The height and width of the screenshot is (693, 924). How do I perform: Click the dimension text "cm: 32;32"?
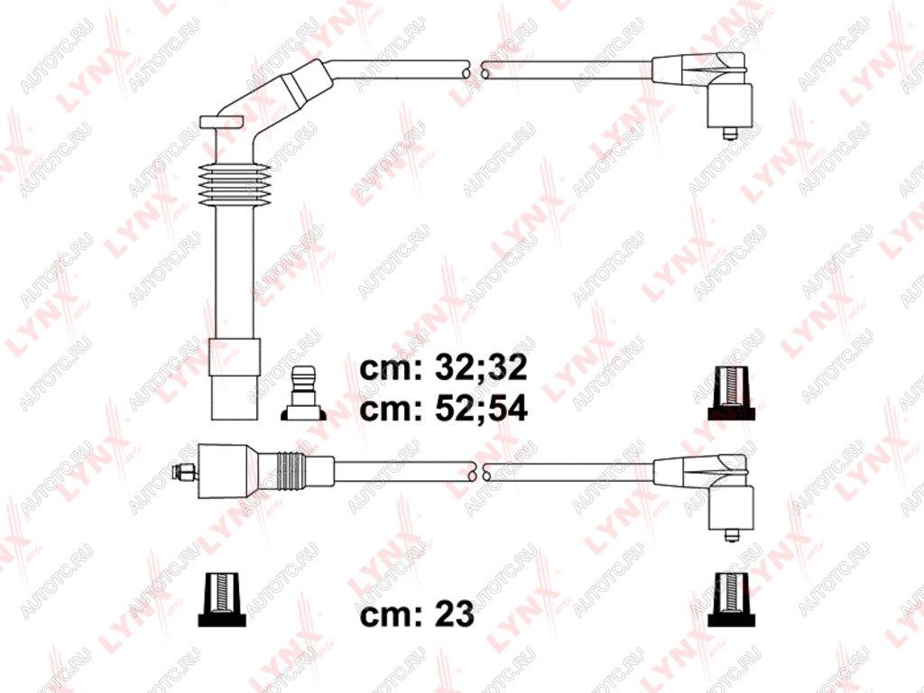(x=443, y=368)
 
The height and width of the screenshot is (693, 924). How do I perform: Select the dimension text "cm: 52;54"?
(x=443, y=409)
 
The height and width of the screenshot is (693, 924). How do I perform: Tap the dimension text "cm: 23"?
(x=417, y=614)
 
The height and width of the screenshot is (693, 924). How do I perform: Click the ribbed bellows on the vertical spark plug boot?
(x=235, y=184)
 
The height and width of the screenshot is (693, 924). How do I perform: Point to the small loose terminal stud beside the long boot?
(x=303, y=393)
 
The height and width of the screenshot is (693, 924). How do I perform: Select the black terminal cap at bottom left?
(x=222, y=598)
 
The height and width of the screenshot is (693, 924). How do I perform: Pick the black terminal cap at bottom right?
(x=731, y=598)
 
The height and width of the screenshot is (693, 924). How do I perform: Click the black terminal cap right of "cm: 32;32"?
(x=731, y=393)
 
